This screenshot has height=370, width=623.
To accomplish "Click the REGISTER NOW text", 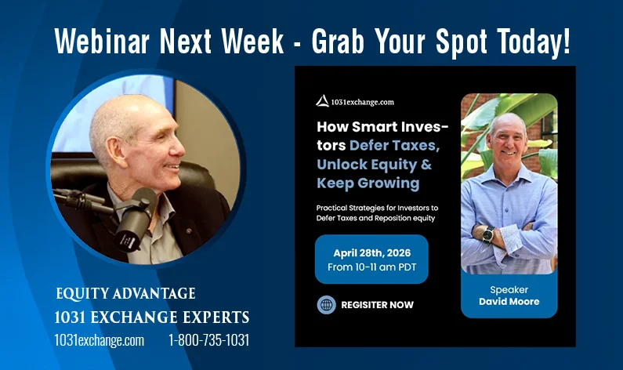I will (377, 305).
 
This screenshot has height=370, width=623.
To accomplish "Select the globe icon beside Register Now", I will (327, 305).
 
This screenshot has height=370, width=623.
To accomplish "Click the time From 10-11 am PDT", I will (371, 267).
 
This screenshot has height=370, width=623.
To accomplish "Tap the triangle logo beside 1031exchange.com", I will (321, 100).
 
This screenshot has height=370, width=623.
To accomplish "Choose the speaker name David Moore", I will (509, 302).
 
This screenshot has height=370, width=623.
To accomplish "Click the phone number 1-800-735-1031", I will (209, 340).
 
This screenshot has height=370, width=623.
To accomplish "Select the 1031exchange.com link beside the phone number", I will (100, 340).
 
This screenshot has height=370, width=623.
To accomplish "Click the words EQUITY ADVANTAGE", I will (125, 294).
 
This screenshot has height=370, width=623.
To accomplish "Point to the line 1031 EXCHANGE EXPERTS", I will (152, 317).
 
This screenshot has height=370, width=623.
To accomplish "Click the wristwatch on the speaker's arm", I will (487, 233).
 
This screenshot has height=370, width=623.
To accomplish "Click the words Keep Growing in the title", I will (368, 183).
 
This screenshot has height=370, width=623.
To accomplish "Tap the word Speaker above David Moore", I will (509, 289).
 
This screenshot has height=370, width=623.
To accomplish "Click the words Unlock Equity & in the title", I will (374, 164).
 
